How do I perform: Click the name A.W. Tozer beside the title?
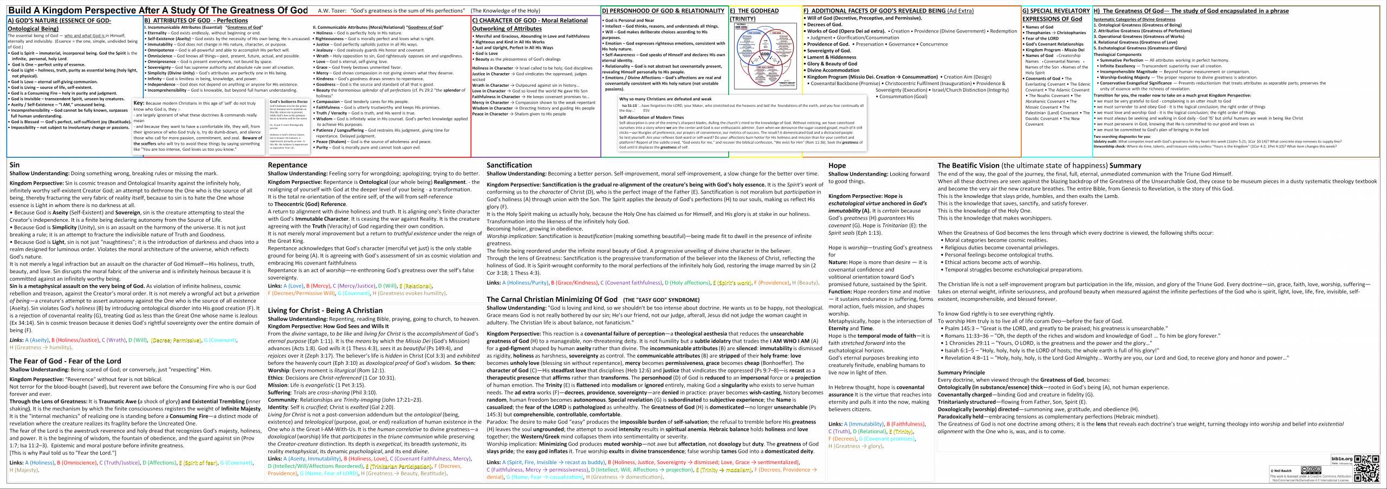332,11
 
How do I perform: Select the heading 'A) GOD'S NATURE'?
59,21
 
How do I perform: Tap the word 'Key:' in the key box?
139,103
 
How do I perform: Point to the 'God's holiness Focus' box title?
288,102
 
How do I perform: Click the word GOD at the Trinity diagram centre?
765,54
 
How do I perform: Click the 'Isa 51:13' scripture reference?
628,106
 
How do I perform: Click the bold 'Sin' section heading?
15,165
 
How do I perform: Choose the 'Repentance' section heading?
287,165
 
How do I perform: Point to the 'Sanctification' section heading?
509,165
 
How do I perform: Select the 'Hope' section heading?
837,165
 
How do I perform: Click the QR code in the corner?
1366,468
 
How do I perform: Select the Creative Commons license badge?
1311,470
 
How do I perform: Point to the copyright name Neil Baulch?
1282,471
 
